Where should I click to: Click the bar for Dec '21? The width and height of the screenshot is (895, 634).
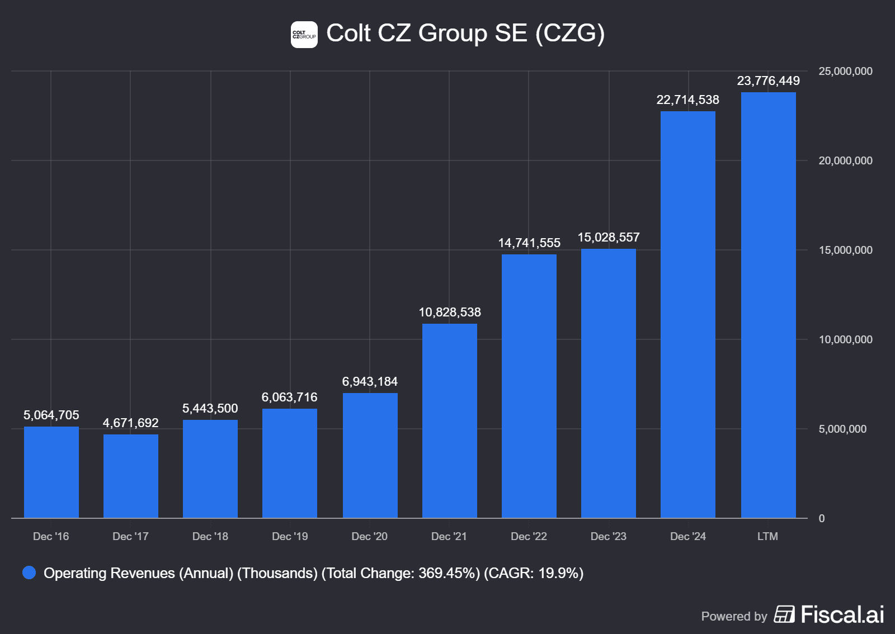pos(449,420)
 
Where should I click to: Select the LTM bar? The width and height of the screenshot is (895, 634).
pos(768,305)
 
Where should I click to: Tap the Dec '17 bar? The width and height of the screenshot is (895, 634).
pos(130,476)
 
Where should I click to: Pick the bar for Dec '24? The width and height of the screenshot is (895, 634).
pos(687,314)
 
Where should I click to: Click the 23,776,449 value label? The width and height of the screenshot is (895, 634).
pos(768,81)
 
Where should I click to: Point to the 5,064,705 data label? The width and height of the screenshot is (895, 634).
pos(51,415)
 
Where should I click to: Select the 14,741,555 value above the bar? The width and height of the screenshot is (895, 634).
pos(529,243)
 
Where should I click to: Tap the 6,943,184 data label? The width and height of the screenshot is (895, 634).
pos(370,382)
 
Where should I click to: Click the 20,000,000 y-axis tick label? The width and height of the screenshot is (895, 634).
pos(845,161)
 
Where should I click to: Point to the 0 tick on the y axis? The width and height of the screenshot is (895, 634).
pos(821,519)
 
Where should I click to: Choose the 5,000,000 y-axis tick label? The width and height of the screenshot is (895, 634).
pos(842,429)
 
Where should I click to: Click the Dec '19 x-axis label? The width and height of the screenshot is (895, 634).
pos(290,537)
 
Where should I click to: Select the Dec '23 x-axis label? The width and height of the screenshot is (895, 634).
pos(608,537)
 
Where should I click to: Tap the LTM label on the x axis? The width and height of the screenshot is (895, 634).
pos(767,537)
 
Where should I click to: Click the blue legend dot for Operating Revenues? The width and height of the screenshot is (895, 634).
pos(29,573)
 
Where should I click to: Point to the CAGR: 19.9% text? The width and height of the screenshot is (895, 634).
pos(534,574)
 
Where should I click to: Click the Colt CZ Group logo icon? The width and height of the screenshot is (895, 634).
pos(304,35)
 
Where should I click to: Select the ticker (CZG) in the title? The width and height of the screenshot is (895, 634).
pos(569,34)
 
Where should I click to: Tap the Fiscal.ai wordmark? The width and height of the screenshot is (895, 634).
pos(842,615)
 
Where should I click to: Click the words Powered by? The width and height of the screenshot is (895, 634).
pos(734,617)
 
